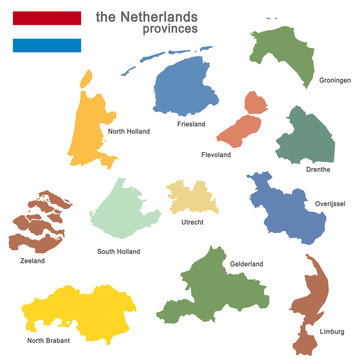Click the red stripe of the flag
point(46,17)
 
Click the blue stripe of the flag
point(46,45)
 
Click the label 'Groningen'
point(335,79)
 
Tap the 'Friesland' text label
point(191,124)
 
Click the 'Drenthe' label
point(319,170)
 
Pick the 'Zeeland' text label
point(31,261)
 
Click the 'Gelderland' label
point(246,263)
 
